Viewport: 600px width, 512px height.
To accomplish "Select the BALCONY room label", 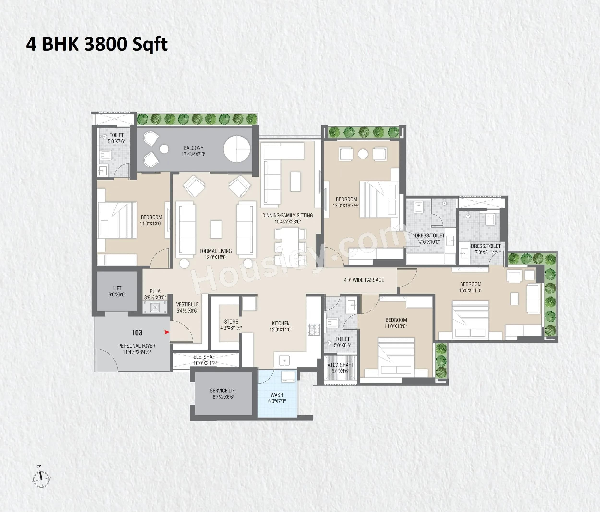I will coord(193,148).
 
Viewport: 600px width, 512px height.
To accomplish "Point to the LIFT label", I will coord(117,288).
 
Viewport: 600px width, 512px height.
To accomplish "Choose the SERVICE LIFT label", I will coord(223,391).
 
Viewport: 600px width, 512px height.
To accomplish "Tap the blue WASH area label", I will coord(277,395).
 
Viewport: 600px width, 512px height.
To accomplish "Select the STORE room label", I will coord(231,322).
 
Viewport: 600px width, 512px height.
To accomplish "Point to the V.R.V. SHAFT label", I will coord(340,365).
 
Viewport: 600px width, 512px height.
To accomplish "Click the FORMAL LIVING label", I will coord(216,251).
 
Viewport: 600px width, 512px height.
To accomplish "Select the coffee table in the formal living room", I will coord(216,229).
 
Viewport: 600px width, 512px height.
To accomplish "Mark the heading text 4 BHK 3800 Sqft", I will coord(97,44).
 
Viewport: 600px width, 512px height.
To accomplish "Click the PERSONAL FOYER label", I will coord(137,346).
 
